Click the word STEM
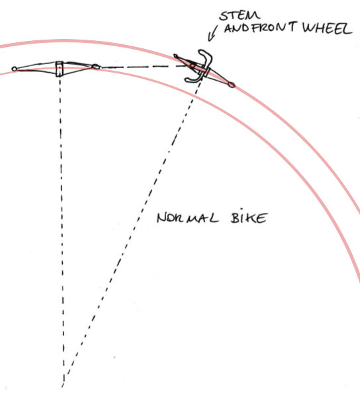pos(240,16)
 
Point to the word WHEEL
pos(327,28)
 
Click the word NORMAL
pos(187,218)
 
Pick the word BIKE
pos(249,218)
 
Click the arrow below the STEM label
pos(212,33)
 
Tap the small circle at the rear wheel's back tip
pos(14,69)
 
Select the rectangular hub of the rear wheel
pos(59,69)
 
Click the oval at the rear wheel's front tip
pos(96,67)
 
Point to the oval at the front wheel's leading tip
pos(231,85)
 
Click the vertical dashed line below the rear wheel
pos(62,229)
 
